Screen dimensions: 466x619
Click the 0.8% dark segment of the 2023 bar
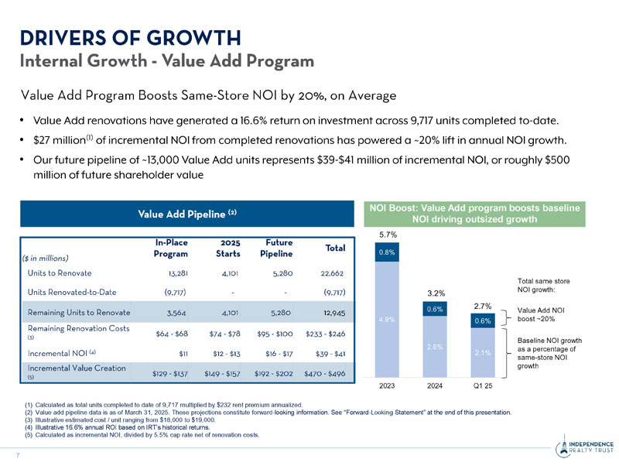point(387,252)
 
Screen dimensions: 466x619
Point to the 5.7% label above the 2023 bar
point(387,233)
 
